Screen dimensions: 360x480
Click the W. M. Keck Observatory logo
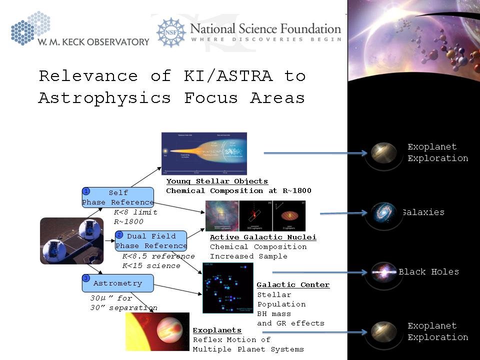[80, 31]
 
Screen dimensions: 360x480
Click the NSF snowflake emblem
[171, 32]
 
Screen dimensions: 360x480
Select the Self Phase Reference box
[118, 197]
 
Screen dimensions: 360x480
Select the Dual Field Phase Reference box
[151, 240]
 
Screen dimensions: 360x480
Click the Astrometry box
[118, 283]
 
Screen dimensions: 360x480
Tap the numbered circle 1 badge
[86, 191]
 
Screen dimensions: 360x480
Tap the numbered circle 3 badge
[86, 278]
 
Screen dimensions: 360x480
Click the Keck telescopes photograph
[71, 240]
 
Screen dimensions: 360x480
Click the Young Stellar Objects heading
[217, 181]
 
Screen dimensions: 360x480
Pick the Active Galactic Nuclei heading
[263, 237]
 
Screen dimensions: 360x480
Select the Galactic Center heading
[293, 284]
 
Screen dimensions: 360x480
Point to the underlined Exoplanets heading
[217, 330]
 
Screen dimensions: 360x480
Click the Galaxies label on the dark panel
[423, 212]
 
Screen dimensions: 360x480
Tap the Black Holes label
[428, 272]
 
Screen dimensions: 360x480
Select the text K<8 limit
[135, 212]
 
